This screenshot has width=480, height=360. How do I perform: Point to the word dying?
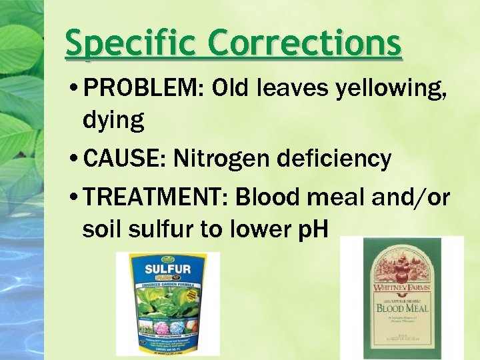113,120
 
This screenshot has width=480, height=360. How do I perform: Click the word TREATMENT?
155,198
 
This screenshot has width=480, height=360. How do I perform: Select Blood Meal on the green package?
401,308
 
